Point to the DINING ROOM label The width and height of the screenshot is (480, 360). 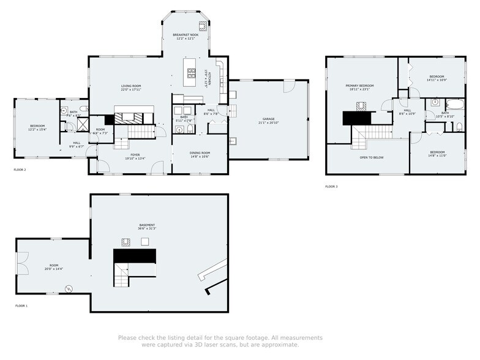pyautogui.click(x=200, y=154)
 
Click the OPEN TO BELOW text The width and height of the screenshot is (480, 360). pyautogui.click(x=372, y=157)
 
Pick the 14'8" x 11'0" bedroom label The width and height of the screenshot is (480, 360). pyautogui.click(x=437, y=154)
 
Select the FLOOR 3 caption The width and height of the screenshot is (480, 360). pyautogui.click(x=331, y=186)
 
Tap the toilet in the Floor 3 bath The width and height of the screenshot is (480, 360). pyautogui.click(x=459, y=127)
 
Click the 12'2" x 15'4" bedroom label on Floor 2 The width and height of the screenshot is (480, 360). pyautogui.click(x=37, y=128)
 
